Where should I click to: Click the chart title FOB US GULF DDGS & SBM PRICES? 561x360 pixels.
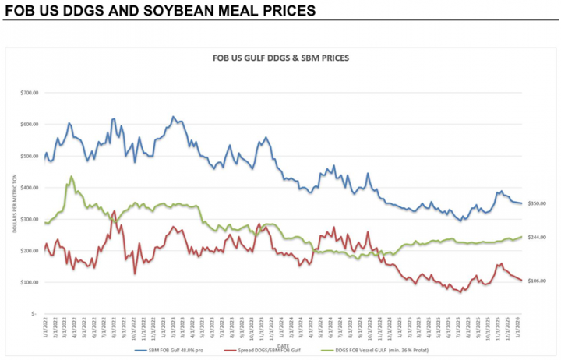pyautogui.click(x=280, y=58)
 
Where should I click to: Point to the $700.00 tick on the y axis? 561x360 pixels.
pyautogui.click(x=28, y=93)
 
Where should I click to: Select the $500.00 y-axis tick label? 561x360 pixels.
pyautogui.click(x=28, y=156)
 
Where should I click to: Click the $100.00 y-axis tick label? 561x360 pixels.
pyautogui.click(x=28, y=282)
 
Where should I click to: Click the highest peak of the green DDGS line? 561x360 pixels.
pyautogui.click(x=72, y=177)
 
